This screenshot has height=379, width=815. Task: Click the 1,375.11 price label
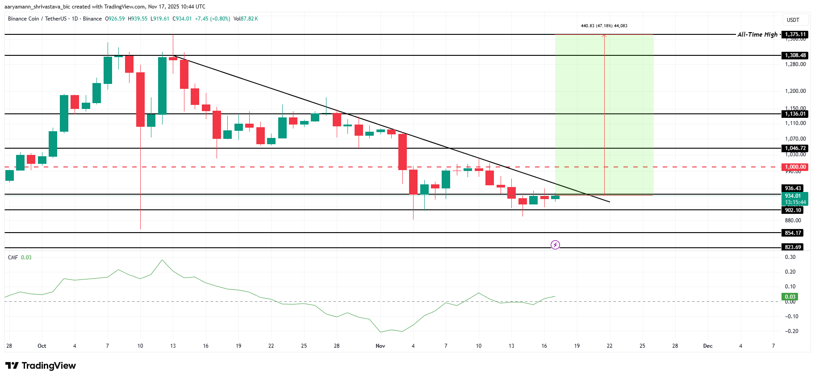(x=795, y=34)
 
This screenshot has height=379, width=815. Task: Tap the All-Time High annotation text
(x=757, y=34)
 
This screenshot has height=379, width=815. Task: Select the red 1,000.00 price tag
(x=795, y=167)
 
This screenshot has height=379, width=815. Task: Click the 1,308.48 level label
(x=795, y=55)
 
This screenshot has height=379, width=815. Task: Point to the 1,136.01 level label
(x=795, y=114)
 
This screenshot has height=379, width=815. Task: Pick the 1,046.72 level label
(x=795, y=148)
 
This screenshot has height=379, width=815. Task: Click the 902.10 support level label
(x=793, y=210)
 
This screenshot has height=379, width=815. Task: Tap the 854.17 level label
(x=793, y=233)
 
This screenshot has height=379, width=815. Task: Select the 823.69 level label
(x=793, y=247)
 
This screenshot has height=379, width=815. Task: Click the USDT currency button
(x=793, y=20)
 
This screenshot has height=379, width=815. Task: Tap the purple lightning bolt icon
(x=555, y=245)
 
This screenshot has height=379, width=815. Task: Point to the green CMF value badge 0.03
(x=790, y=296)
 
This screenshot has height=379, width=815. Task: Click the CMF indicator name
(x=13, y=258)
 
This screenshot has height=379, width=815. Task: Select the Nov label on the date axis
(x=380, y=346)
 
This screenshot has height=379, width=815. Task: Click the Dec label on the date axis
(x=707, y=346)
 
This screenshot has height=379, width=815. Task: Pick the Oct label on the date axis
(x=42, y=346)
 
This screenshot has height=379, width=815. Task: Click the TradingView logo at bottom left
(x=41, y=366)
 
